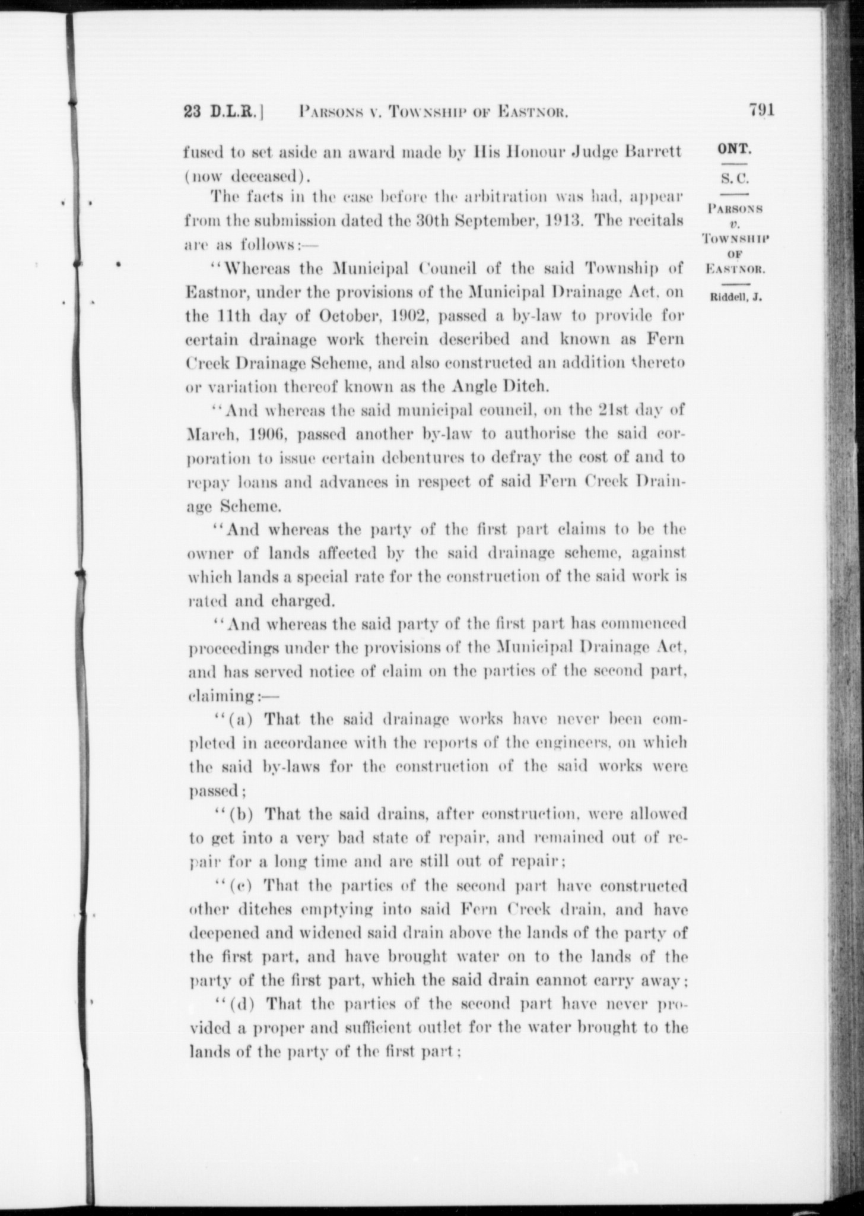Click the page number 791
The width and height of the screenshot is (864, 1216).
(x=762, y=110)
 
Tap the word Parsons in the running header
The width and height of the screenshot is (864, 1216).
(x=333, y=111)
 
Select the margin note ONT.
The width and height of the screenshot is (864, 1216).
(x=734, y=149)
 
